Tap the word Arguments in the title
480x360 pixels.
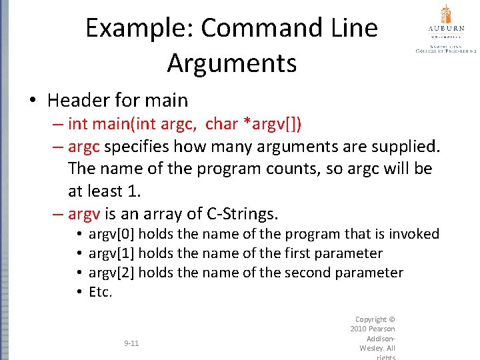point(232,63)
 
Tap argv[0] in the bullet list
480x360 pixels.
point(111,234)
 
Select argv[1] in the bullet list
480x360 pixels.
point(111,253)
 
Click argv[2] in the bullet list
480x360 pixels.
point(111,273)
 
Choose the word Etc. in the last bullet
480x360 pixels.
point(101,292)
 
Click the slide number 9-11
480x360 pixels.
point(131,343)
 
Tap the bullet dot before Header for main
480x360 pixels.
point(32,101)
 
